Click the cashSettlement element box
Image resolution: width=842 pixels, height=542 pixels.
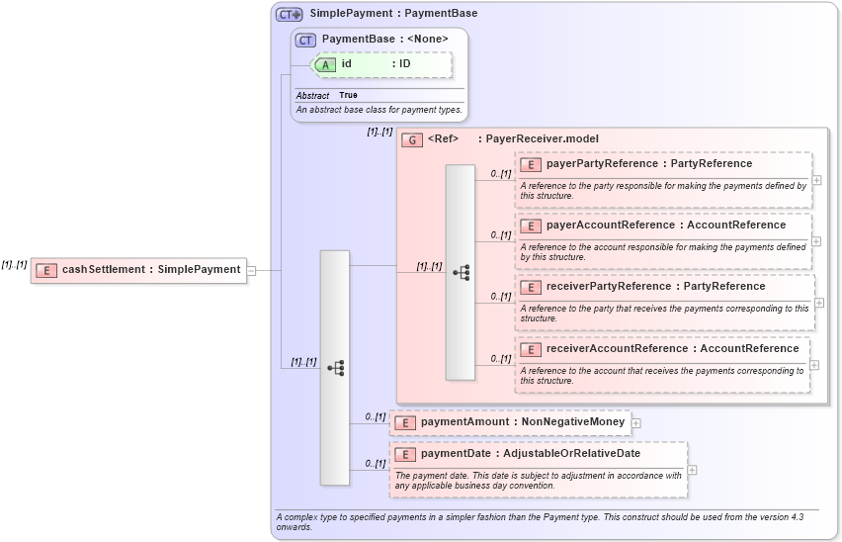click(x=138, y=269)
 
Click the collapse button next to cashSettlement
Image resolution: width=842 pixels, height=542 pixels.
click(x=252, y=269)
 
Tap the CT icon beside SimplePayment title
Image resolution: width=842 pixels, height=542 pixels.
click(x=289, y=14)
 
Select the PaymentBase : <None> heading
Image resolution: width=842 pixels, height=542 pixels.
click(x=384, y=39)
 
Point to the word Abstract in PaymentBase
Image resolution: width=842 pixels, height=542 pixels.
click(x=312, y=95)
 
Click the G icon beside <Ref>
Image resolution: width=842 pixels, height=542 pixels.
click(x=412, y=139)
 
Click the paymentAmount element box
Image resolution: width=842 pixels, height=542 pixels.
click(x=510, y=422)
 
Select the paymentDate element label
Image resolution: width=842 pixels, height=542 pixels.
click(x=530, y=454)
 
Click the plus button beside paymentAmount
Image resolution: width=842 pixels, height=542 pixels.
click(x=636, y=422)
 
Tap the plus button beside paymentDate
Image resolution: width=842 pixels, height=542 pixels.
click(x=692, y=470)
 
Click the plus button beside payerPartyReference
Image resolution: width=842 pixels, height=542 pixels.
click(x=816, y=179)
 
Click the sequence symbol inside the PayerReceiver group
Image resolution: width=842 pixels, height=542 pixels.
click(x=461, y=272)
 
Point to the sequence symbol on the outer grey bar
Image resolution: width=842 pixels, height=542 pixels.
click(x=335, y=368)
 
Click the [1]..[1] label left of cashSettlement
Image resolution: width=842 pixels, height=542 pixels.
click(x=14, y=264)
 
